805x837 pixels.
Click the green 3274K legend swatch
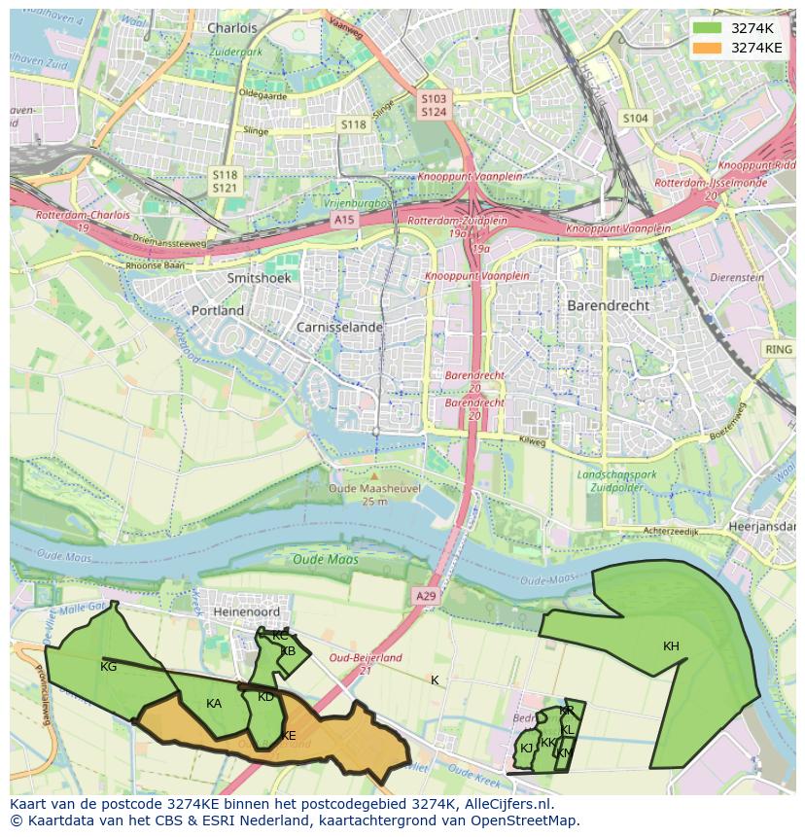point(707,28)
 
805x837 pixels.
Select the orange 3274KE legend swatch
point(707,47)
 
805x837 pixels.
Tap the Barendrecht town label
point(608,304)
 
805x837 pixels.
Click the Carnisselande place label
point(340,328)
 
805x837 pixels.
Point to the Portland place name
point(218,310)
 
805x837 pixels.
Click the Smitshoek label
point(259,277)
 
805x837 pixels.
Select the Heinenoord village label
point(247,612)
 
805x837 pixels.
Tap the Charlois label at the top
point(232,28)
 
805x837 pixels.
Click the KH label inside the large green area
point(671,646)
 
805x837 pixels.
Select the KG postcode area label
point(108,667)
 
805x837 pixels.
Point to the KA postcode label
point(214,704)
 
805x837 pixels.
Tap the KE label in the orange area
point(288,736)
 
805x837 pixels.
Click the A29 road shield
point(425,595)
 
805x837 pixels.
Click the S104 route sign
point(635,119)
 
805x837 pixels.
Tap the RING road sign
point(778,349)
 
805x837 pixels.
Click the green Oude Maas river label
point(326,560)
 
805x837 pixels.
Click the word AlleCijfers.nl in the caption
point(506,804)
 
